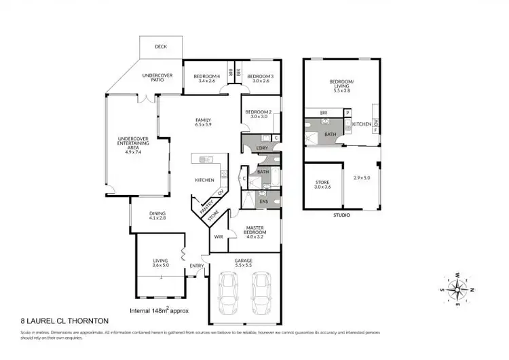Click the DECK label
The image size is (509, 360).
point(160,47)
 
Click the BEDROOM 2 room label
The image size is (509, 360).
point(259,114)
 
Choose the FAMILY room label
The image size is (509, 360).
point(204,121)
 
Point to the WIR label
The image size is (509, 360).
point(219,237)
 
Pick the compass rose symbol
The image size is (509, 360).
point(458,288)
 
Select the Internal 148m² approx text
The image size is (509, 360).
point(159,310)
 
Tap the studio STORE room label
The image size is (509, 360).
point(322,183)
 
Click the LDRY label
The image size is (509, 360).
point(262,147)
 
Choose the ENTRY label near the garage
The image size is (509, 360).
point(197,266)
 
